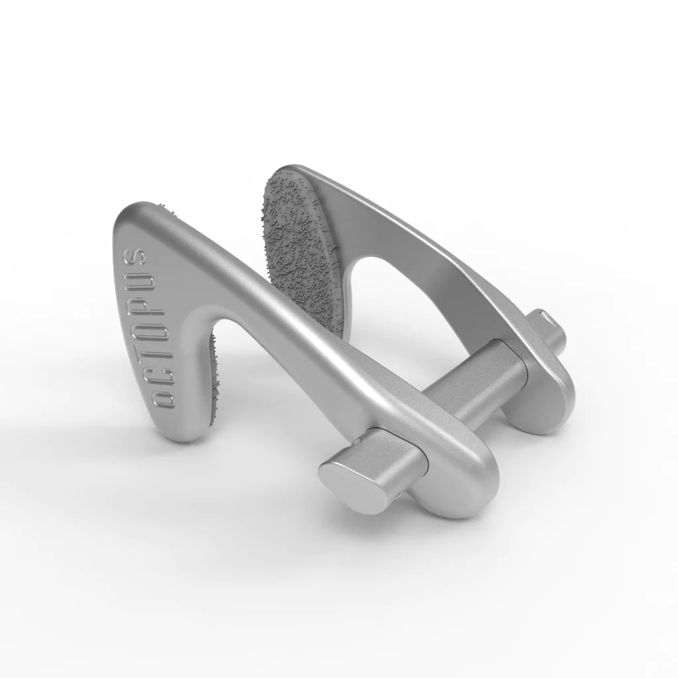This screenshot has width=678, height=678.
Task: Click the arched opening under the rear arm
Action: tap(397, 311)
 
